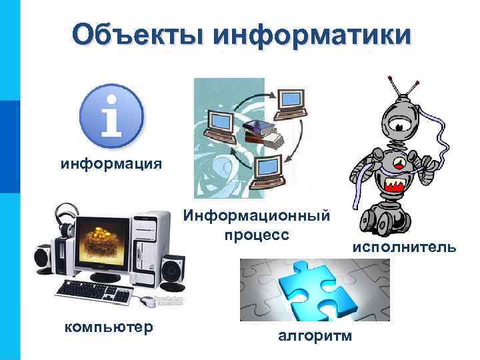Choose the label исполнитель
click(x=404, y=248)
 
